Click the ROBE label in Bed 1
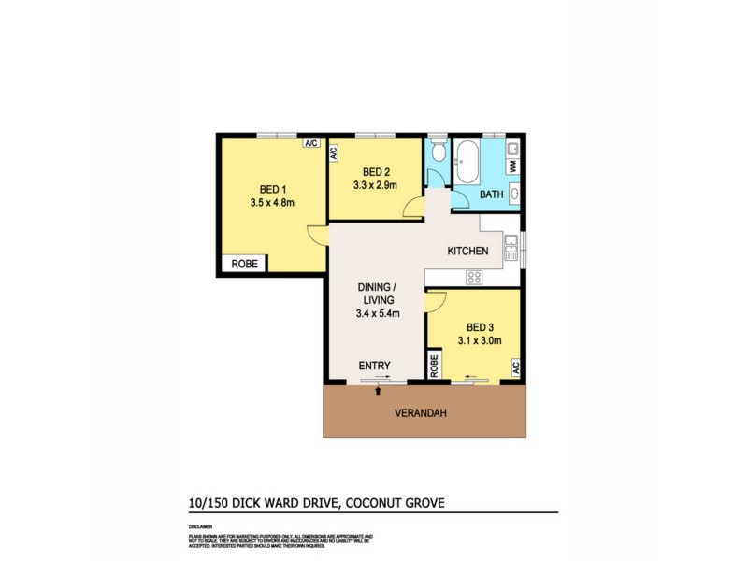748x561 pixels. click(243, 265)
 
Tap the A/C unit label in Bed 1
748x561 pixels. click(311, 143)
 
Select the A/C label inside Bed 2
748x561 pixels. click(334, 154)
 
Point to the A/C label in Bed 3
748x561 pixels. click(514, 367)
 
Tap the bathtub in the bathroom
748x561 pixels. click(467, 162)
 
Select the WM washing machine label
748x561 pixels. click(512, 165)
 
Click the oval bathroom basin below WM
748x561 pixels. click(513, 194)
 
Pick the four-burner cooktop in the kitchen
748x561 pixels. click(474, 277)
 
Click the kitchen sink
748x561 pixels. click(511, 247)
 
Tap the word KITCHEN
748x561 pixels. click(467, 252)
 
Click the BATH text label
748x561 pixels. click(491, 194)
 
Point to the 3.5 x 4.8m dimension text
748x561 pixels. click(273, 201)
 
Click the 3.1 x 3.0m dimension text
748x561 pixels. click(479, 341)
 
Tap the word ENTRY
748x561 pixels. click(374, 366)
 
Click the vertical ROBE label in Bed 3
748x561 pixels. click(435, 367)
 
